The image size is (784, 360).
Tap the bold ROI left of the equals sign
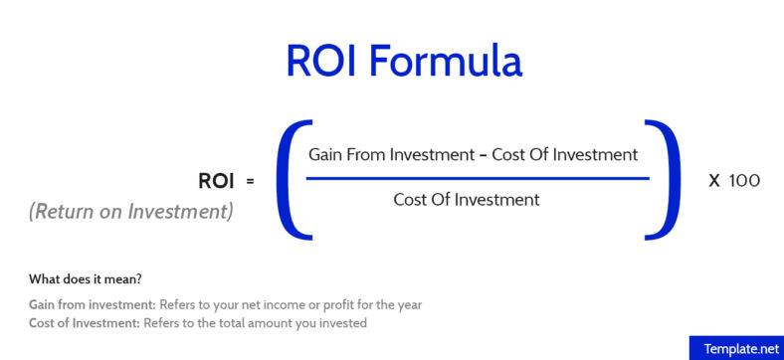(x=216, y=181)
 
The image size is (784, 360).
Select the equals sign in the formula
(x=250, y=182)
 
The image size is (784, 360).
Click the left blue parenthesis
(x=289, y=180)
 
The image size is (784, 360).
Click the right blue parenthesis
(x=664, y=179)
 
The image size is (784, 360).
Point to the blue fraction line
(x=478, y=179)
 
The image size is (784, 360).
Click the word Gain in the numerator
(x=325, y=155)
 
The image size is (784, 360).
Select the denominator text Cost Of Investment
(x=467, y=200)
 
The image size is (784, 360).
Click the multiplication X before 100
(x=713, y=181)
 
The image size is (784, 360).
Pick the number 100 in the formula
(x=744, y=181)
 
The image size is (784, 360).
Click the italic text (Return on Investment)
(x=131, y=211)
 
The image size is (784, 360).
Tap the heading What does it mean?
(x=86, y=277)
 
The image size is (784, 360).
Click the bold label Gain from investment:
(x=86, y=304)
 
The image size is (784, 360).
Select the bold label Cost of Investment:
(x=83, y=323)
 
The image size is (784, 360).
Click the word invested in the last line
(x=344, y=323)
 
